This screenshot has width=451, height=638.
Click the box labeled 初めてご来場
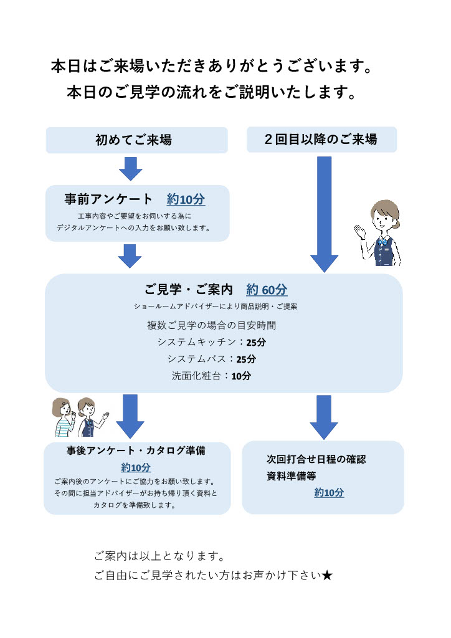(x=136, y=140)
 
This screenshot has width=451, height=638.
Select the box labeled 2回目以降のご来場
(x=321, y=140)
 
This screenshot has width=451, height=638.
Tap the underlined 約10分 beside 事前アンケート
(x=186, y=200)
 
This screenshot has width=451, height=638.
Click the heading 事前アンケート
(x=108, y=199)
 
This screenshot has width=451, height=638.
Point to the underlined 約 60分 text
(x=267, y=290)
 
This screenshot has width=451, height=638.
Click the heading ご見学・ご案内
(x=189, y=290)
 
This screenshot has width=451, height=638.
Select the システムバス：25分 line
(x=211, y=359)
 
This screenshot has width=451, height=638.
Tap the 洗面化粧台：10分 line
(x=211, y=376)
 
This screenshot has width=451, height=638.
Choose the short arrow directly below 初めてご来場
(x=130, y=169)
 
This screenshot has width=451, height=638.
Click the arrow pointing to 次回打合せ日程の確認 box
(x=324, y=417)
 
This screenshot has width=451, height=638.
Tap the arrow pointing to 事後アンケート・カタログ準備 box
(x=130, y=416)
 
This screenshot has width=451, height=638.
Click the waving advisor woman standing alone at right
(x=379, y=234)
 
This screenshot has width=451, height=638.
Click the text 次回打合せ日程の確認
(x=316, y=460)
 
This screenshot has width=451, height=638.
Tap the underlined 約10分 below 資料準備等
(x=329, y=493)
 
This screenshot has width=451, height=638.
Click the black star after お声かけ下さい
(x=328, y=575)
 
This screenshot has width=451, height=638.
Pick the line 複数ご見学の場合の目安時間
(x=211, y=325)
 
